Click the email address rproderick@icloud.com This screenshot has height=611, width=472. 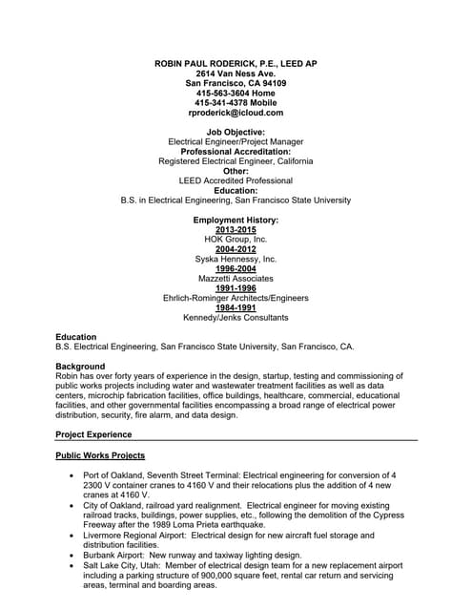tap(236, 113)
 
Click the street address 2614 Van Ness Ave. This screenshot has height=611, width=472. tap(236, 74)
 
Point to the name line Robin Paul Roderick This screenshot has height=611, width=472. tap(236, 63)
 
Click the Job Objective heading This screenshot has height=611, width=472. tap(236, 132)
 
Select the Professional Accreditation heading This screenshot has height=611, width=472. tap(236, 152)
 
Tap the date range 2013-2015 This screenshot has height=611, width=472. tap(236, 230)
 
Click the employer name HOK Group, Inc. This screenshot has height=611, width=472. tap(236, 240)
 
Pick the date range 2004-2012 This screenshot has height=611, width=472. tap(236, 249)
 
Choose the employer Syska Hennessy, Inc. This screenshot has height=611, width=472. tap(236, 259)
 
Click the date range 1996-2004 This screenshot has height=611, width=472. tap(236, 269)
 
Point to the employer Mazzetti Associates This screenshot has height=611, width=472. tap(236, 279)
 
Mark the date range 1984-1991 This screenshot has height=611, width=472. tap(236, 308)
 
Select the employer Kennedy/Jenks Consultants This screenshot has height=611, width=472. tap(236, 318)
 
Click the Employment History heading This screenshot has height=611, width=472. tap(236, 220)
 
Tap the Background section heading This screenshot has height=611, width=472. tap(80, 367)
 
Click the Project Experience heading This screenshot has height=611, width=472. tap(93, 434)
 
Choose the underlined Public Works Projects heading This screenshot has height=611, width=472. tap(100, 455)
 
